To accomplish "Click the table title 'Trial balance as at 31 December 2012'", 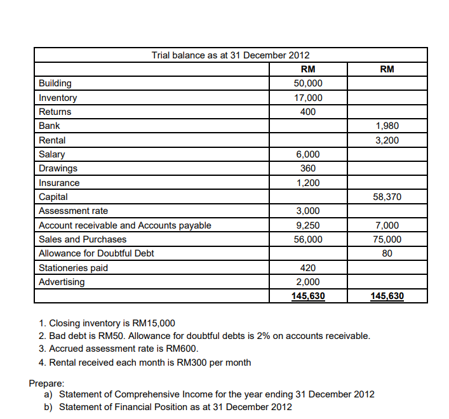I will click(231, 55).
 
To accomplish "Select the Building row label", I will click(55, 83).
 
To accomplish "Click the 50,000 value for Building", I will click(308, 83).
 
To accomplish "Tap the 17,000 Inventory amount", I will click(308, 98).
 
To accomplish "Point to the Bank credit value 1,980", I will click(387, 126).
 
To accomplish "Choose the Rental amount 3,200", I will click(387, 140).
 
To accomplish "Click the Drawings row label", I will click(58, 168).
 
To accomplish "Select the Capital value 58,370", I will click(387, 197).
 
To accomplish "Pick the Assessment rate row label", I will click(74, 211).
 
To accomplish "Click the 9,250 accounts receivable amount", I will click(308, 225).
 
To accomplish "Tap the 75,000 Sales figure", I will click(387, 239).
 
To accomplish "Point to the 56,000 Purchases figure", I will click(308, 239).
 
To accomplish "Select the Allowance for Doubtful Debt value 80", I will click(387, 253).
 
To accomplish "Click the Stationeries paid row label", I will click(74, 268).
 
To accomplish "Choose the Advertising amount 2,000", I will click(308, 282).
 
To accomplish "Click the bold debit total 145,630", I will click(308, 296).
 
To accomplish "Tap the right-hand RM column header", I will click(387, 69).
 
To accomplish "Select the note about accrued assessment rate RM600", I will click(119, 349).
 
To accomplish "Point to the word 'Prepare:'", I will click(46, 383).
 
